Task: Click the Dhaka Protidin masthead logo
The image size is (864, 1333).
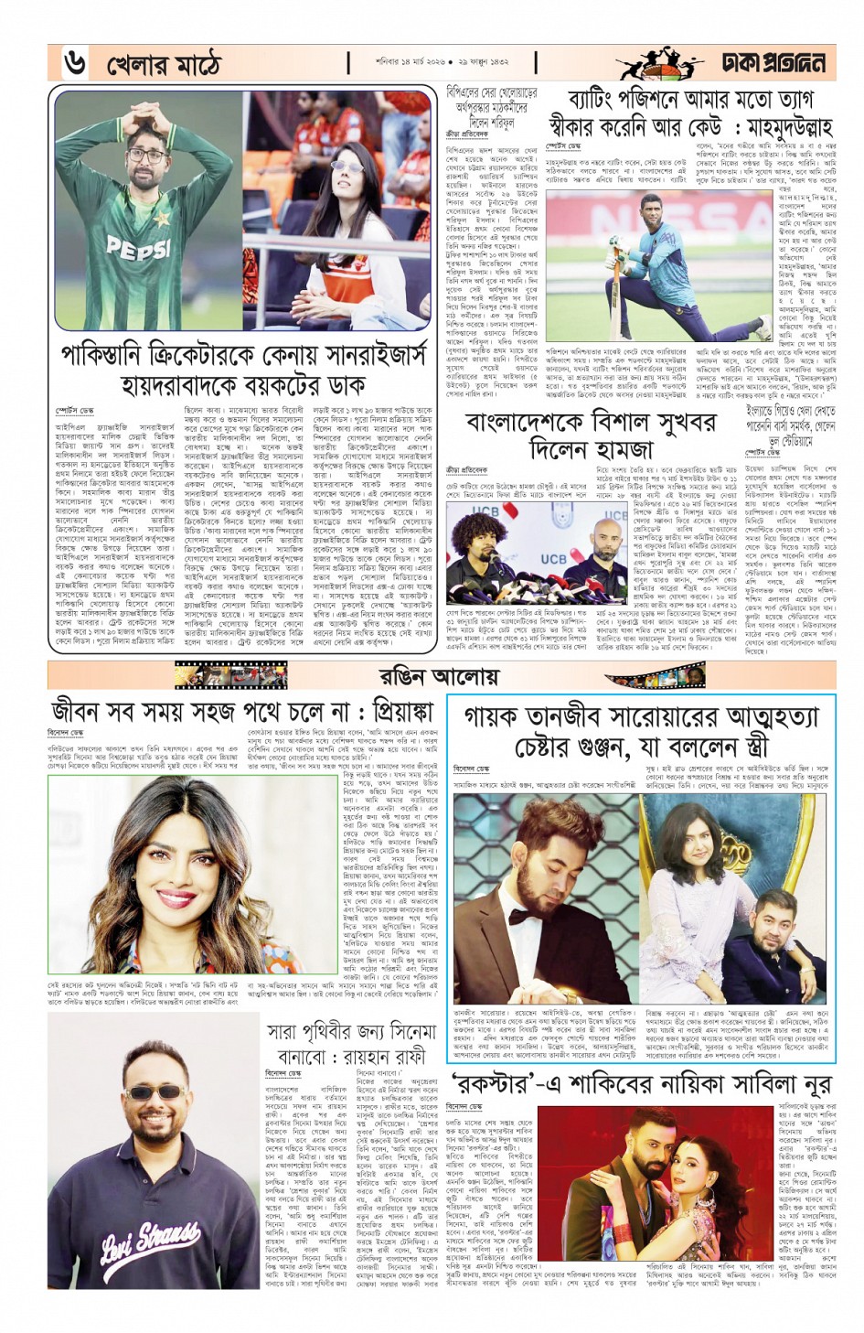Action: point(772,62)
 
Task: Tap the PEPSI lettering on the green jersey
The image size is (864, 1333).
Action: point(138,246)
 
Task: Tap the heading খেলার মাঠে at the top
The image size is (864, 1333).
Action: point(164,64)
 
